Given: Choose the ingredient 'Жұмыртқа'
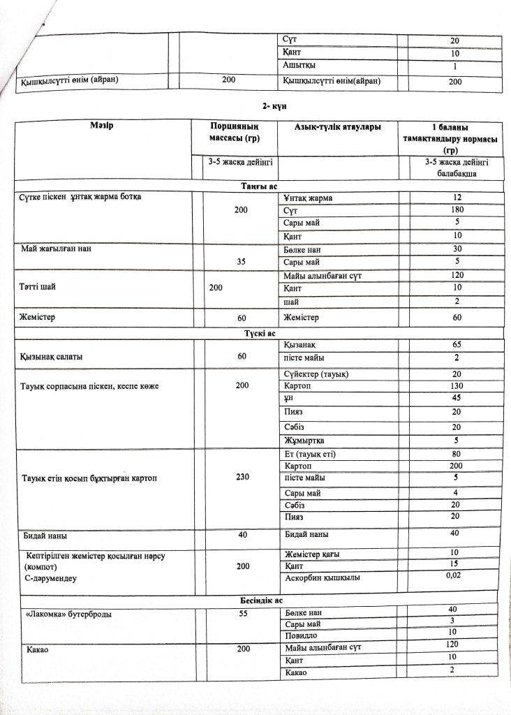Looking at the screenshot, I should coord(305,441).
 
